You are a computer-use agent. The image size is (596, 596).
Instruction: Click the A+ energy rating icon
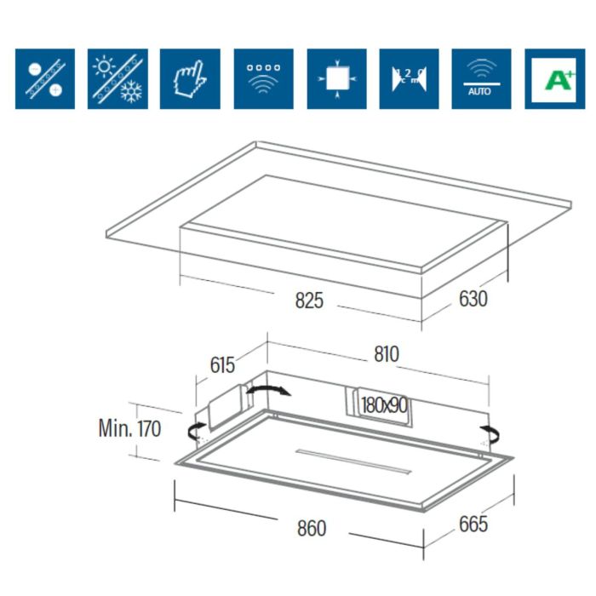coord(553,78)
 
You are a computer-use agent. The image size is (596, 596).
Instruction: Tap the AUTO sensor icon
coord(480,78)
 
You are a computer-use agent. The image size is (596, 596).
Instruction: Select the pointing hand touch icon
coord(190,78)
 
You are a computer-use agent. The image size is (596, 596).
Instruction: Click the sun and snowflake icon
coord(117,78)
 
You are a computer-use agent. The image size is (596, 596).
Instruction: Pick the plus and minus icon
coord(44,78)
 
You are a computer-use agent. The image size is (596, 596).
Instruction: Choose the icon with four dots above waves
coord(263,78)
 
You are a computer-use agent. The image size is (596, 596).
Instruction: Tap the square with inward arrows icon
coord(336,78)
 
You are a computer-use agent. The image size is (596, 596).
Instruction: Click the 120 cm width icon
coord(408,78)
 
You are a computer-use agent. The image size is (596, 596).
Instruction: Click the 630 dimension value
coord(473,300)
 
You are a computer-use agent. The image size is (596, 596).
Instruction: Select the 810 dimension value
coord(386,353)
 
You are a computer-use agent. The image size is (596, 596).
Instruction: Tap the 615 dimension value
coord(221,365)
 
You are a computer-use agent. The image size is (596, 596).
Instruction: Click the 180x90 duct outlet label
coord(382,405)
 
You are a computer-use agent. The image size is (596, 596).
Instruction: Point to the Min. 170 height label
coord(129,427)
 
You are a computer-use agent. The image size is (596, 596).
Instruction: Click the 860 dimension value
coord(312,529)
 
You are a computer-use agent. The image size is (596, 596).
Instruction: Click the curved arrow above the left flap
coord(267,390)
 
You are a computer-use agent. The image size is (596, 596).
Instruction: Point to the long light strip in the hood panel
coord(353,460)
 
